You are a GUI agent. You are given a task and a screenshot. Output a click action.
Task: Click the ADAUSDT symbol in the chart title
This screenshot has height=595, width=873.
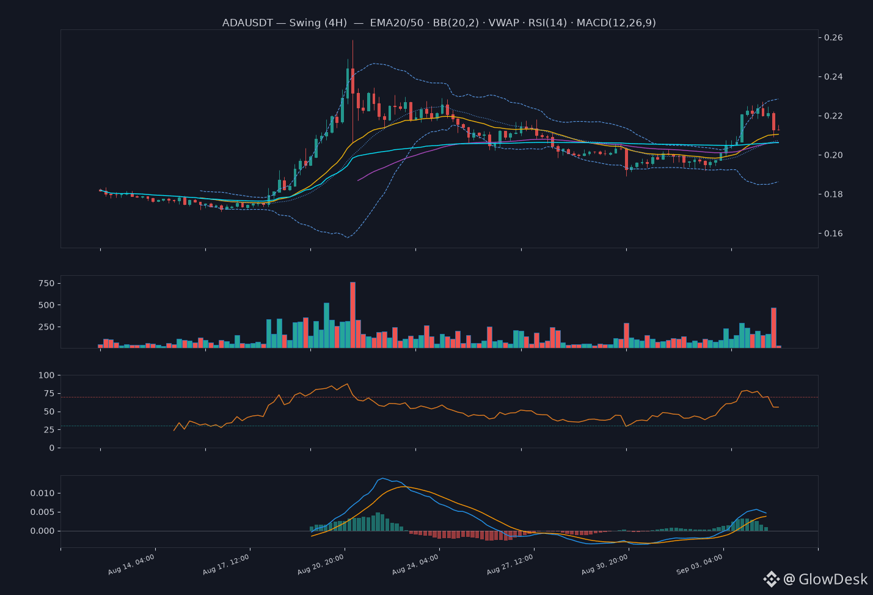coord(247,23)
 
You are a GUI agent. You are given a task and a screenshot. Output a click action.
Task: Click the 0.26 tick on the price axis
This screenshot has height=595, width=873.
coord(833,37)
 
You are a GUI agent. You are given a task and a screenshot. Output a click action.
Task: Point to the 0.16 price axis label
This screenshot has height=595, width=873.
coord(833,234)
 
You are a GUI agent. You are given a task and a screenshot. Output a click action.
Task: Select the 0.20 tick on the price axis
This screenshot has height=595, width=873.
coord(833,155)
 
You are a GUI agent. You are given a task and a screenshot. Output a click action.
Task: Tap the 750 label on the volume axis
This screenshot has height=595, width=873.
coord(46,283)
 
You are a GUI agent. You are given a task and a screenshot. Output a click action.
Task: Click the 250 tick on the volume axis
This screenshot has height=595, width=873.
coord(46,327)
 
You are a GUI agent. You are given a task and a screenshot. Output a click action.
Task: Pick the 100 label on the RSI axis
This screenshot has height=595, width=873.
coord(46,375)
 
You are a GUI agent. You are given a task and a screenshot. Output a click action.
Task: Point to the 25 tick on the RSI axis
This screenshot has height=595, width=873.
coord(49,429)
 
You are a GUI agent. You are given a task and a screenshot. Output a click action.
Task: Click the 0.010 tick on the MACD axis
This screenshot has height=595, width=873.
coord(43,493)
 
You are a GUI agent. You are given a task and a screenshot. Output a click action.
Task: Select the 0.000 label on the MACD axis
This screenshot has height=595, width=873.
coord(43,531)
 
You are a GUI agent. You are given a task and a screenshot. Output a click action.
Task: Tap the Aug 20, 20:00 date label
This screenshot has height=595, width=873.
coord(321,564)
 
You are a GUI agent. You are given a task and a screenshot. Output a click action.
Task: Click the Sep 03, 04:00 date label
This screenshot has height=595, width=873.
coord(699,564)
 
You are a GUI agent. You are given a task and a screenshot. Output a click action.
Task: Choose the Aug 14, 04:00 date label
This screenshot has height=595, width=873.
coord(131,564)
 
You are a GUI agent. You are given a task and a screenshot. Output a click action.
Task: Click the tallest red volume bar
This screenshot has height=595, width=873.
coord(352,315)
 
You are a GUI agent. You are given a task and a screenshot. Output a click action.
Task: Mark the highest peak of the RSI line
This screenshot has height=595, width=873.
coord(347,384)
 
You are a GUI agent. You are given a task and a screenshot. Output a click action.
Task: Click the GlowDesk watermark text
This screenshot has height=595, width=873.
coord(833,579)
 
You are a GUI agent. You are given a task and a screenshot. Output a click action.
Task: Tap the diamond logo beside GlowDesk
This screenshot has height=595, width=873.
coord(771,579)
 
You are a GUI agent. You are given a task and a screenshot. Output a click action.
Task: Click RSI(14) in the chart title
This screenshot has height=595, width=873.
coord(547,23)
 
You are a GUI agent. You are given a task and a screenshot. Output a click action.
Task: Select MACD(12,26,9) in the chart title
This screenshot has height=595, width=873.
coord(616,23)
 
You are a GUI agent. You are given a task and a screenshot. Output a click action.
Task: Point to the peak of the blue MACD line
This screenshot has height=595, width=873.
coord(383,478)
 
